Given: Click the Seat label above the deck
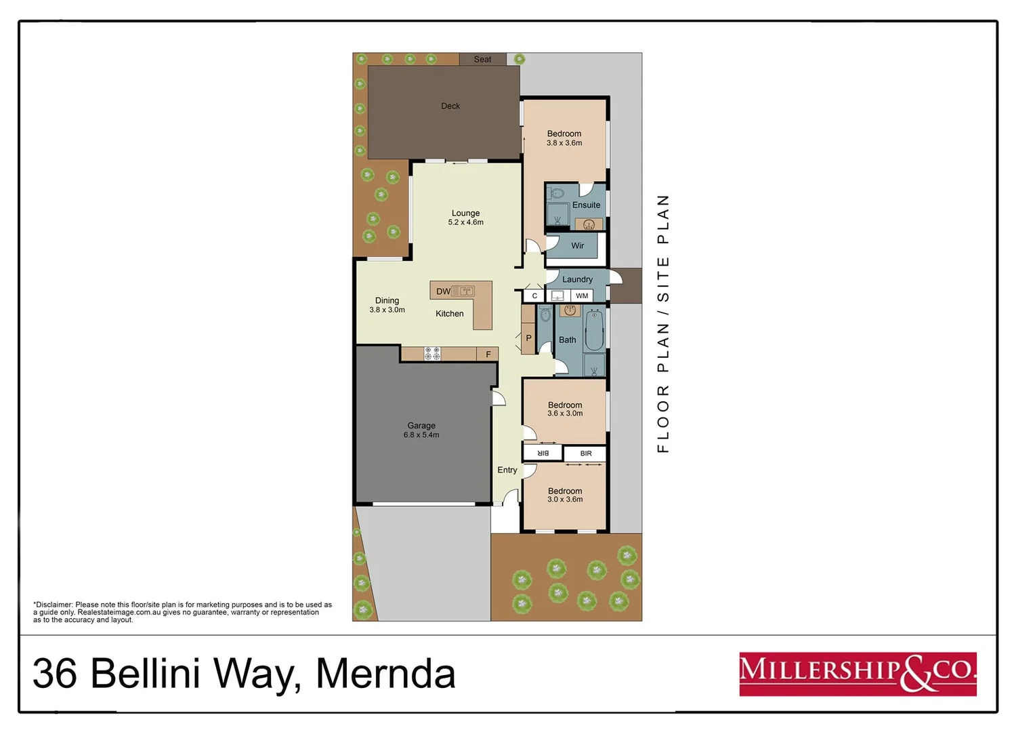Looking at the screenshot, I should click(x=482, y=60).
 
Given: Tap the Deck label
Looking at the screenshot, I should click(x=450, y=106).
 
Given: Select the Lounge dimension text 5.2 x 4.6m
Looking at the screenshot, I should click(x=465, y=222).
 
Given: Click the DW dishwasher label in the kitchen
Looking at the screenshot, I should click(x=443, y=291).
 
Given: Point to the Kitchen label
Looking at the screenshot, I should click(x=449, y=314).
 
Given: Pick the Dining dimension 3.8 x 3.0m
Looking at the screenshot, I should click(x=387, y=310).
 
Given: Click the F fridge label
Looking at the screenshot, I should click(x=488, y=354).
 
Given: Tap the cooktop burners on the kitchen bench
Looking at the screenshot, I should click(x=432, y=353).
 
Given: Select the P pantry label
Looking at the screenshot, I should click(x=528, y=338).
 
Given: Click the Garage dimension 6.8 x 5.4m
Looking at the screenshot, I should click(x=421, y=435).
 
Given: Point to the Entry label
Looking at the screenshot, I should click(x=507, y=470).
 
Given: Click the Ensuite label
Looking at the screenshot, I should click(x=586, y=205).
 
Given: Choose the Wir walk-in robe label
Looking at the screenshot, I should click(x=577, y=246).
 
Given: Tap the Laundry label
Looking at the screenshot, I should click(x=577, y=279).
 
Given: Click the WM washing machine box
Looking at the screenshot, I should click(x=582, y=296).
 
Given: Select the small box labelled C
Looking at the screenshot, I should click(x=534, y=296).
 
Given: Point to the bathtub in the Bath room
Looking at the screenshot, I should click(x=594, y=329).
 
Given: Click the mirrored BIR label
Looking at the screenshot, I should click(x=543, y=453).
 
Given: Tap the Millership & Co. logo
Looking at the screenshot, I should click(x=858, y=674).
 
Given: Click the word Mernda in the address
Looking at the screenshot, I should click(x=385, y=674).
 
